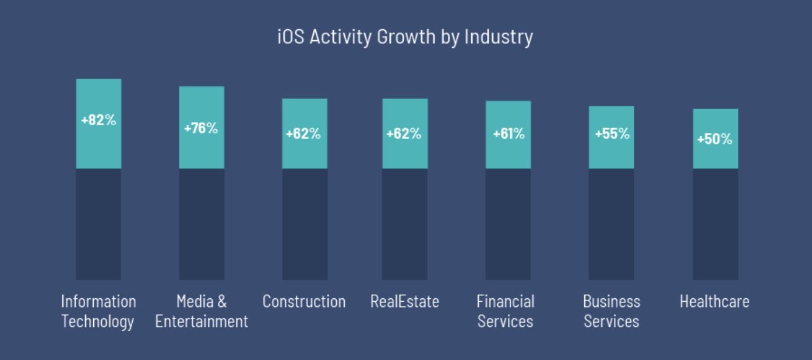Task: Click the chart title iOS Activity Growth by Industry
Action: pyautogui.click(x=405, y=37)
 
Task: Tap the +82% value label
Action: pyautogui.click(x=98, y=121)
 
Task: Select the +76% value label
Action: pyautogui.click(x=201, y=128)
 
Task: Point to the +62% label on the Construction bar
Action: pyautogui.click(x=303, y=133)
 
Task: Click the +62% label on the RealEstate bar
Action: pyautogui.click(x=404, y=133)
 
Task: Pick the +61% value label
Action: pyautogui.click(x=509, y=133)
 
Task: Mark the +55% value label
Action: pyautogui.click(x=612, y=133)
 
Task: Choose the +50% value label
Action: pyautogui.click(x=715, y=139)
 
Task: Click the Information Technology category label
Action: pyautogui.click(x=98, y=311)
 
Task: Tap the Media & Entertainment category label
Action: pyautogui.click(x=202, y=311)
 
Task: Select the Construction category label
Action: pyautogui.click(x=304, y=301)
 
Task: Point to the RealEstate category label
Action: pyautogui.click(x=405, y=301)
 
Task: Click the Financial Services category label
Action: pyautogui.click(x=506, y=311)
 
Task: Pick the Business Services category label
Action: pyautogui.click(x=612, y=311)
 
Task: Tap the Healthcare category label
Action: pyautogui.click(x=715, y=301)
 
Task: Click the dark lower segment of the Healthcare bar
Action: pyautogui.click(x=715, y=224)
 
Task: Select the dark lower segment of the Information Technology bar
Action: pyautogui.click(x=98, y=224)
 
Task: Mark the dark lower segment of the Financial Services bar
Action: pyautogui.click(x=508, y=224)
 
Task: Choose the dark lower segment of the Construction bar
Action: pyautogui.click(x=305, y=224)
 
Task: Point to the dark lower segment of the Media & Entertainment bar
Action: pyautogui.click(x=202, y=224)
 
